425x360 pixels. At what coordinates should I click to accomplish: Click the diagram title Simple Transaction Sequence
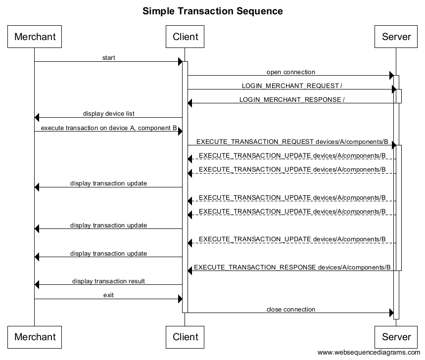(213, 11)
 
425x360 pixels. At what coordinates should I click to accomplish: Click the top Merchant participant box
(35, 37)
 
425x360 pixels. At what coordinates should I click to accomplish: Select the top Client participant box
(185, 37)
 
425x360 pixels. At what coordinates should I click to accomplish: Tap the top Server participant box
(396, 37)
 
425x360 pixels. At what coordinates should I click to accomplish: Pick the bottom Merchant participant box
(35, 337)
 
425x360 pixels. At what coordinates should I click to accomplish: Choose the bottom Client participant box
(185, 337)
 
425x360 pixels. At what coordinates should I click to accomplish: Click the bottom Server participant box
(396, 337)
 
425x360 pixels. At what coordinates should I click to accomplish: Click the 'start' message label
(109, 58)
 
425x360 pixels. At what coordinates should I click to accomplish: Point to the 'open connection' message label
(290, 72)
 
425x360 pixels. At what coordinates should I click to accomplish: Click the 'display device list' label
(109, 114)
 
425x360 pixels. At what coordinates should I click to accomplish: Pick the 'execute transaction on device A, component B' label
(109, 128)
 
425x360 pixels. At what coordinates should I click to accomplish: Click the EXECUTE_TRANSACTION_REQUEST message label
(292, 141)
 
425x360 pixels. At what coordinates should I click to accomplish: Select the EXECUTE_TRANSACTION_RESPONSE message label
(292, 268)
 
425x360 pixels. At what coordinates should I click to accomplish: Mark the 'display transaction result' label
(109, 281)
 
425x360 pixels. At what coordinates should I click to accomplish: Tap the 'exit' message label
(109, 295)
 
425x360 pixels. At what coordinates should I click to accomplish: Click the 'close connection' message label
(290, 310)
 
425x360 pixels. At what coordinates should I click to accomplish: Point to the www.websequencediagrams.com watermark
(369, 353)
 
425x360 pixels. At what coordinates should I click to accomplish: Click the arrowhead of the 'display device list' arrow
(37, 118)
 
